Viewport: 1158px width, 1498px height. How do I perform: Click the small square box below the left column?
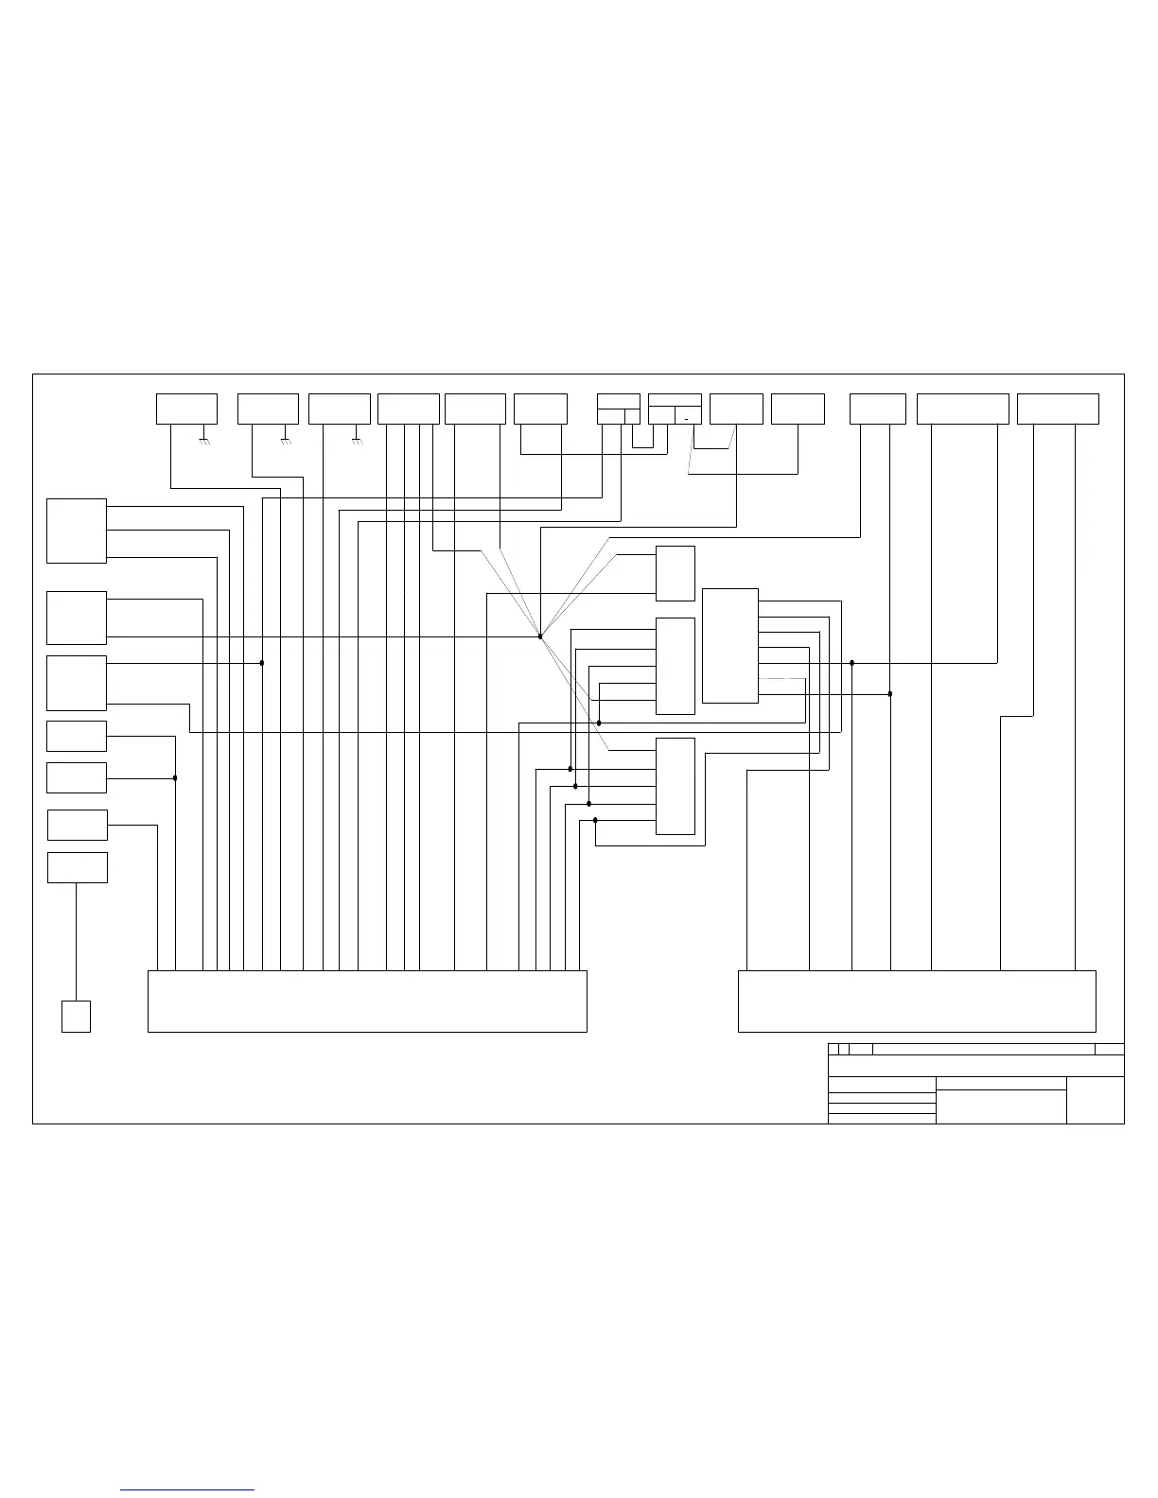pos(76,1016)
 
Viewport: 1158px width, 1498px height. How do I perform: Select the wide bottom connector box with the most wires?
pos(367,1001)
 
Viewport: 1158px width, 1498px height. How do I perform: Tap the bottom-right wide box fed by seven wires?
pos(916,1001)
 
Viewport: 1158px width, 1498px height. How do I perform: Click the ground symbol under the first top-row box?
pos(204,441)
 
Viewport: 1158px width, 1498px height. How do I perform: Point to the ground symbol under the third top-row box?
pos(357,441)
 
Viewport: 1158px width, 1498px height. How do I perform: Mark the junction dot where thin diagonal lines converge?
pos(539,636)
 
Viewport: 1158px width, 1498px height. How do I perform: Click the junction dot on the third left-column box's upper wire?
pos(262,663)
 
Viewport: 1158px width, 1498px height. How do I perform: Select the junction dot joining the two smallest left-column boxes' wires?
pos(175,778)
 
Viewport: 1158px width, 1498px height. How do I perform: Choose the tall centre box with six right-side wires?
pos(729,646)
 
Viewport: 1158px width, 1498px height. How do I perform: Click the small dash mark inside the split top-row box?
pos(688,418)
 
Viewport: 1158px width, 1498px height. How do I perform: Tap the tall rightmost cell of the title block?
pos(1095,1100)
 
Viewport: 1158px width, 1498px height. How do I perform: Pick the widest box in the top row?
pos(962,409)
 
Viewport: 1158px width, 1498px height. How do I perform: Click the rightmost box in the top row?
pos(1058,409)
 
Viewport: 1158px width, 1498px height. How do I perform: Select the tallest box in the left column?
pos(77,531)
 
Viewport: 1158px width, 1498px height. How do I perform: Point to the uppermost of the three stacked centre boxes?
pos(675,573)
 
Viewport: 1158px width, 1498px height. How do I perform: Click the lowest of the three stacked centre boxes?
pos(675,786)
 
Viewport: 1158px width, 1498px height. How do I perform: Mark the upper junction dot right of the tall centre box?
pos(852,663)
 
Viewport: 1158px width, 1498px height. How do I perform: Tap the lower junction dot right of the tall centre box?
pos(890,693)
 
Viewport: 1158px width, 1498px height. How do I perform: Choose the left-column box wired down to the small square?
pos(77,867)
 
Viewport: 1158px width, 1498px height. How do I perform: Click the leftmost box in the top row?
pos(186,409)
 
